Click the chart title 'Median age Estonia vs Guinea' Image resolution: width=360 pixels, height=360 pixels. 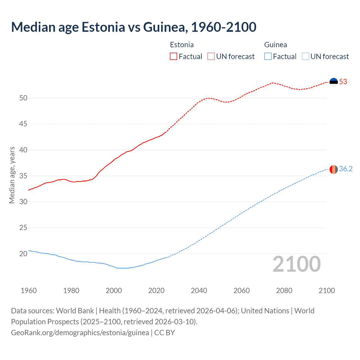tap(134, 27)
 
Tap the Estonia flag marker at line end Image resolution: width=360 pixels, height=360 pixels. tap(334, 82)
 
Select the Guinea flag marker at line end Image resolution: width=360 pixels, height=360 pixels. tap(334, 169)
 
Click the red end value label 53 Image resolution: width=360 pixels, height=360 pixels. tap(343, 82)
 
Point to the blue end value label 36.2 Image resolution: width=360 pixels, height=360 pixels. tap(346, 169)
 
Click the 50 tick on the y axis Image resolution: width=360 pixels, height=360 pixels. tap(23, 98)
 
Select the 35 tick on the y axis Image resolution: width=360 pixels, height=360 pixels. tap(23, 176)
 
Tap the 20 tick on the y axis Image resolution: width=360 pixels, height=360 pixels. tap(23, 254)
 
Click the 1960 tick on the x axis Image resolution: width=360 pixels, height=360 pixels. tap(29, 291)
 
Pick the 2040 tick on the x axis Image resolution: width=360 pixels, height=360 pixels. tap(199, 291)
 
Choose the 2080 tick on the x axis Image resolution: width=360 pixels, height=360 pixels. tap(284, 291)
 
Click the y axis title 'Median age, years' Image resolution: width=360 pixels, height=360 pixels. tap(12, 175)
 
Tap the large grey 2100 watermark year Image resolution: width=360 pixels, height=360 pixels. tap(296, 264)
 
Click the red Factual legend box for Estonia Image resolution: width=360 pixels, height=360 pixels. tap(174, 57)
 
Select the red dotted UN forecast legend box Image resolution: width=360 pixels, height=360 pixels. tap(211, 57)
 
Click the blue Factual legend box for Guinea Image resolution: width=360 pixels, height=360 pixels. tap(268, 57)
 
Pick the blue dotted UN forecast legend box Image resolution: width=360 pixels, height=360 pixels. tap(305, 57)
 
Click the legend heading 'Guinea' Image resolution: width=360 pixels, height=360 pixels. tap(276, 45)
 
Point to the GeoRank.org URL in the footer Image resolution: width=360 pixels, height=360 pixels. tap(80, 332)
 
